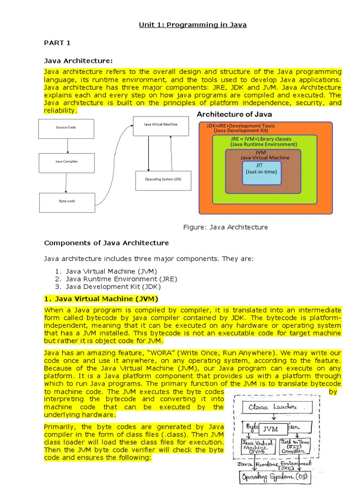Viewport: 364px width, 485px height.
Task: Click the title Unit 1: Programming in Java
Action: [x=192, y=25]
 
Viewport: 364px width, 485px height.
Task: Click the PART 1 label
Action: [x=57, y=43]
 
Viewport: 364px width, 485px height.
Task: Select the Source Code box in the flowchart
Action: [x=65, y=128]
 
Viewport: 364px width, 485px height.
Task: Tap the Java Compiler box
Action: [x=67, y=162]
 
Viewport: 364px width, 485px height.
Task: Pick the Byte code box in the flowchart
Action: [x=67, y=201]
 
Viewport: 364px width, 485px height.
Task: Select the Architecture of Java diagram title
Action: [x=234, y=114]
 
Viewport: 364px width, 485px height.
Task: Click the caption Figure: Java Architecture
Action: [x=225, y=227]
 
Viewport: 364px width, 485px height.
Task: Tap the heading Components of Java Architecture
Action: [x=106, y=243]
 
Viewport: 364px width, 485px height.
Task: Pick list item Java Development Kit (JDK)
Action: [x=113, y=287]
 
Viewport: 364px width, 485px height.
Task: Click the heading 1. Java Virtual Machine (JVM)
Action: [x=101, y=299]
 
